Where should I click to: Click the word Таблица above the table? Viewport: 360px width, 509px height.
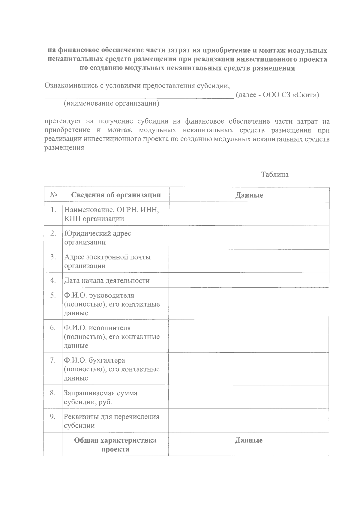pos(274,175)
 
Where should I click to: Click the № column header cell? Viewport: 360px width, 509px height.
pos(53,195)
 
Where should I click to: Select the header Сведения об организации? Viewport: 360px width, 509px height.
pos(116,195)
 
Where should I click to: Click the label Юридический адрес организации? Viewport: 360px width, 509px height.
pos(97,238)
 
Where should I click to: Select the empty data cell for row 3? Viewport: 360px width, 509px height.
pos(249,261)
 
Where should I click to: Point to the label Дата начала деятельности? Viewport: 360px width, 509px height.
pos(106,281)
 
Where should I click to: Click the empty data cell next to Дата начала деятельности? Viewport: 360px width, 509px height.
pos(249,280)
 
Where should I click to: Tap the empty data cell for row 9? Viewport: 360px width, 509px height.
pos(249,421)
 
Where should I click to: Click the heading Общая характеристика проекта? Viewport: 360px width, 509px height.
pos(115,445)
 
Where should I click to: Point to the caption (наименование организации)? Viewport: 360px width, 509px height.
pos(111,104)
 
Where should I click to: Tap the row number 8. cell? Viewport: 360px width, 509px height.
pos(53,393)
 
